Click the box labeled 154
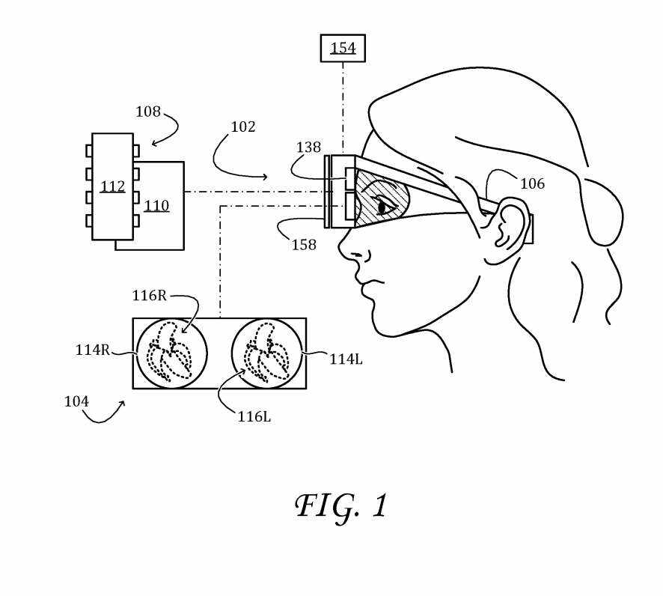343,48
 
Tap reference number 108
148,112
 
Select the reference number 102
242,127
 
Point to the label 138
308,148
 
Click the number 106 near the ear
532,184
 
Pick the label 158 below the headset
304,246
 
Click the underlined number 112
112,186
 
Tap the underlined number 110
156,206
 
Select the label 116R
149,296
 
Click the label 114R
92,350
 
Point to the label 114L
346,359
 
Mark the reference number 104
76,402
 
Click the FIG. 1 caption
342,507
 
